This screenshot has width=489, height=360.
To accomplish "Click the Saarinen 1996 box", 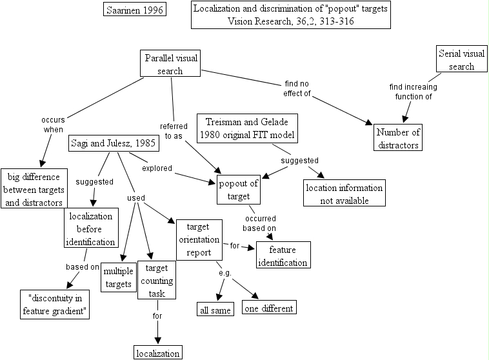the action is pyautogui.click(x=135, y=10).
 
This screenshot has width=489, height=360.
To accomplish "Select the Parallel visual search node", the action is pyautogui.click(x=170, y=63).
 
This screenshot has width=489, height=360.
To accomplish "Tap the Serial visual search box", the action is pyautogui.click(x=461, y=59).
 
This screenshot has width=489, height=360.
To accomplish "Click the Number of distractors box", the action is pyautogui.click(x=398, y=137).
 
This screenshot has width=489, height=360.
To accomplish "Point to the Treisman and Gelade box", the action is pyautogui.click(x=247, y=128).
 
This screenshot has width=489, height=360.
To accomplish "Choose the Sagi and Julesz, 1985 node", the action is pyautogui.click(x=114, y=143).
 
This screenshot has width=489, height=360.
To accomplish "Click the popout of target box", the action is pyautogui.click(x=239, y=190).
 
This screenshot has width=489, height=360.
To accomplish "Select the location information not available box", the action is pyautogui.click(x=344, y=193).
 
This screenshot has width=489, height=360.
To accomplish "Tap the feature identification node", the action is pyautogui.click(x=283, y=255).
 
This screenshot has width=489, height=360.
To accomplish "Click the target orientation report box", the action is pyautogui.click(x=199, y=240).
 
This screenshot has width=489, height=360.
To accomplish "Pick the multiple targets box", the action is pyautogui.click(x=119, y=277).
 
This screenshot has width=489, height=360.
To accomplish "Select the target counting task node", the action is pyautogui.click(x=157, y=280).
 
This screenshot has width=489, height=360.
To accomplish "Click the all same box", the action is pyautogui.click(x=215, y=309).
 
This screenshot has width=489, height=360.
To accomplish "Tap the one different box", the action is pyautogui.click(x=269, y=307).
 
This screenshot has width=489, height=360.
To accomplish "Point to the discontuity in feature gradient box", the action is pyautogui.click(x=55, y=305).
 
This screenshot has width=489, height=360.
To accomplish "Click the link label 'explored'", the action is pyautogui.click(x=157, y=168).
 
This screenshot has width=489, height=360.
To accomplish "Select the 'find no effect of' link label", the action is pyautogui.click(x=297, y=88).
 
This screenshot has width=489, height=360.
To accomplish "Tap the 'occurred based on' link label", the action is pyautogui.click(x=259, y=223).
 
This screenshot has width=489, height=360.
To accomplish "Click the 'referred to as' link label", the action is pyautogui.click(x=174, y=131).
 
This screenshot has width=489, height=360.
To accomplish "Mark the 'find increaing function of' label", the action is pyautogui.click(x=414, y=92).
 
